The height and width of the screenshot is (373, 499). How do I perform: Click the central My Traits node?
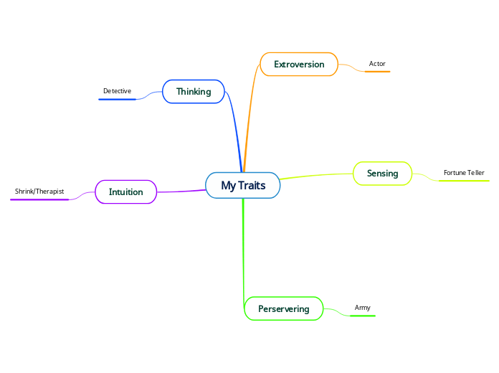(x=243, y=186)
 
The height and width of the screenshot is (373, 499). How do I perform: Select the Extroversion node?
(x=299, y=65)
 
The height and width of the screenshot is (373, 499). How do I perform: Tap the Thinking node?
(x=194, y=92)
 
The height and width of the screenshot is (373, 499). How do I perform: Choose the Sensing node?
(x=382, y=174)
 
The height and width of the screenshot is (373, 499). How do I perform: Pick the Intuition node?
(x=125, y=192)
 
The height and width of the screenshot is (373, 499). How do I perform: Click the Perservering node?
(x=283, y=309)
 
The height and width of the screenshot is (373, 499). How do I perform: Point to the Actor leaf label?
(x=377, y=64)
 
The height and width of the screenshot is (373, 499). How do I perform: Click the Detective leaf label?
(x=117, y=91)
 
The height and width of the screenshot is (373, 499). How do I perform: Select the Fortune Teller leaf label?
(x=464, y=173)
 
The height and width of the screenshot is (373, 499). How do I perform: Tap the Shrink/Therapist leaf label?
(x=39, y=192)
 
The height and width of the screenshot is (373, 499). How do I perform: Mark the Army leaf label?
(x=363, y=308)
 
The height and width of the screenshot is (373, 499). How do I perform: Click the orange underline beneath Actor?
(x=377, y=72)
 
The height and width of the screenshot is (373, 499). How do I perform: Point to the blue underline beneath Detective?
(x=117, y=100)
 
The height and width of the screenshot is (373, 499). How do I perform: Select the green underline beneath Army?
(x=362, y=316)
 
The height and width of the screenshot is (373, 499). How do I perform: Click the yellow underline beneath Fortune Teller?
(x=464, y=181)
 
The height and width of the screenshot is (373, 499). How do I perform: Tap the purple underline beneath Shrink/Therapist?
(x=39, y=199)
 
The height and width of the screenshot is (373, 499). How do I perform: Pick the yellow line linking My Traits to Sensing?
(x=315, y=175)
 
